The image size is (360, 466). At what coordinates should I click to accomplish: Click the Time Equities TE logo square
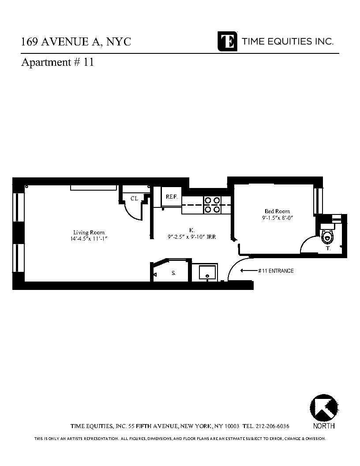(227, 41)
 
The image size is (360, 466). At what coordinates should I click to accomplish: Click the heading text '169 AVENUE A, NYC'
(76, 42)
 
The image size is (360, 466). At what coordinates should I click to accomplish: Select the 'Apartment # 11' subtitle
(57, 62)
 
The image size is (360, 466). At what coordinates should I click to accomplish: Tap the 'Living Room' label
(89, 233)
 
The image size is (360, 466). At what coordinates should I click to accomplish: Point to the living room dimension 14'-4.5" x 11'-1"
(89, 239)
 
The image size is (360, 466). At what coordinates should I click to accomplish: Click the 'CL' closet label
(134, 199)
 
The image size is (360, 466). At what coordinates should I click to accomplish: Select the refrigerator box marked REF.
(172, 197)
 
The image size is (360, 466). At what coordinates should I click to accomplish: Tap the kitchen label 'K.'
(192, 230)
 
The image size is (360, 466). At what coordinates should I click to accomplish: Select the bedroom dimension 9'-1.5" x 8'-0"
(277, 218)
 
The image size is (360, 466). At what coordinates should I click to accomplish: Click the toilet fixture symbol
(327, 237)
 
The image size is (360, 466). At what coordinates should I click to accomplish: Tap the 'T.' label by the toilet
(328, 249)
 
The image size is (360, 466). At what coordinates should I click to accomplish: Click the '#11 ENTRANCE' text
(276, 271)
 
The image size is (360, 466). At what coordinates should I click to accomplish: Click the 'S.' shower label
(173, 273)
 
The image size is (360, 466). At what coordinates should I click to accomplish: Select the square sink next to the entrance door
(207, 272)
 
